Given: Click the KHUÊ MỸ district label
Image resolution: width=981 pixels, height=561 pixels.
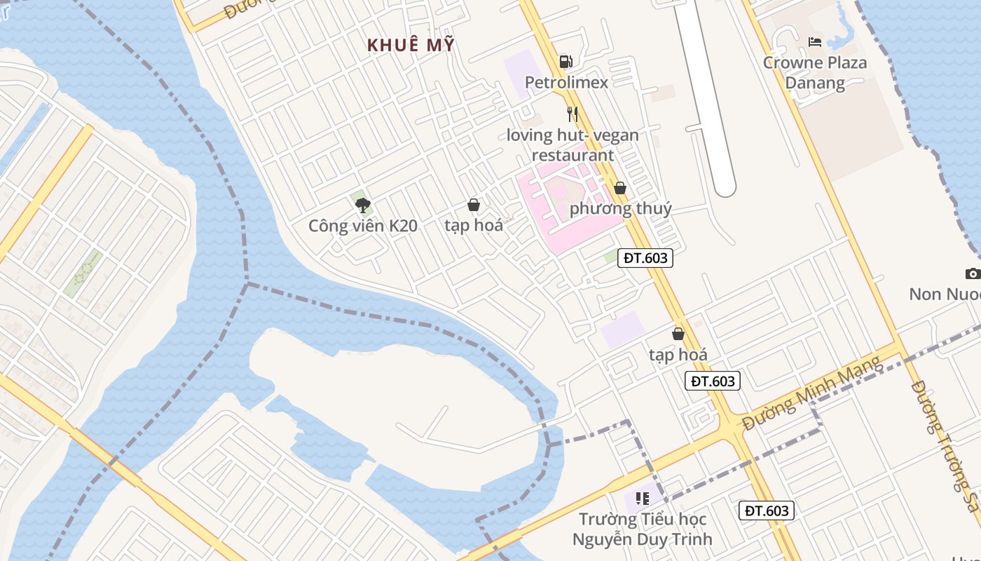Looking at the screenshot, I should tap(411, 46).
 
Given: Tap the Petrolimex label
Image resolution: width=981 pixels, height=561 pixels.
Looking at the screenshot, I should tap(566, 83).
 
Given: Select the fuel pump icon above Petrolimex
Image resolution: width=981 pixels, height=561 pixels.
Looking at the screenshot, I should tap(566, 62).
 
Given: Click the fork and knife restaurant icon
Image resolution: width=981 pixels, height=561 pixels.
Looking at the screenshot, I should tap(572, 114).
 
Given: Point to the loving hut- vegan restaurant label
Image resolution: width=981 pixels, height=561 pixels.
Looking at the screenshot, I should tap(572, 145).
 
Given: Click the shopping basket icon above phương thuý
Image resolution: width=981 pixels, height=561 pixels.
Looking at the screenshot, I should tap(620, 188).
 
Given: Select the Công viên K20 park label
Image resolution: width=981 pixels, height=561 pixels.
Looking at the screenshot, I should tap(363, 226).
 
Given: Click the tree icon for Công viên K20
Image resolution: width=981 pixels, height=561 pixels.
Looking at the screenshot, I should tap(362, 205).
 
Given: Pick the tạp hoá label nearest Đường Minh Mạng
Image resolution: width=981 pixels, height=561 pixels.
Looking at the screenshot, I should tap(678, 355).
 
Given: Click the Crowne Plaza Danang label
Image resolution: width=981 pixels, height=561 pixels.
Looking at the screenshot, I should tap(814, 73).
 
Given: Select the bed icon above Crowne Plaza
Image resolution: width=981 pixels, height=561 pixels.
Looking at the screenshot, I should tap(814, 42).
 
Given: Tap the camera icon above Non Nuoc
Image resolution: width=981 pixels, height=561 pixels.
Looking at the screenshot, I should tap(972, 273).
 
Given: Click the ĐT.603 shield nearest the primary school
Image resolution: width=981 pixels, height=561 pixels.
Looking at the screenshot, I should tap(767, 511).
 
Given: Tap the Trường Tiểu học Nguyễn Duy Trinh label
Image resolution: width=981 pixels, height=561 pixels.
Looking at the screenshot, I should tap(642, 529).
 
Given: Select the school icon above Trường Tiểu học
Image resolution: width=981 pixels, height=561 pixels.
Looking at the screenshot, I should tap(642, 499).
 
